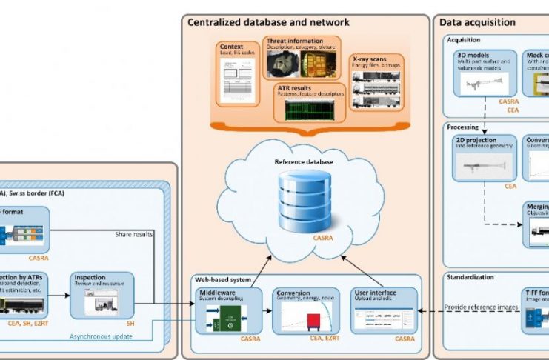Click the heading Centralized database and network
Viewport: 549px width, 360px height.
(x=268, y=22)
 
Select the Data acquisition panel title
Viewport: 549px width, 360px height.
(x=478, y=22)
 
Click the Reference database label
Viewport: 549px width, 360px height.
(x=304, y=162)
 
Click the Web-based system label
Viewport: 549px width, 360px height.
(x=223, y=280)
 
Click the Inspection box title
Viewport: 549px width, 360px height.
(x=93, y=277)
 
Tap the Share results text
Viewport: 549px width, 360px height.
(x=133, y=234)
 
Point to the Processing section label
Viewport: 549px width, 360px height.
(x=464, y=127)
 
